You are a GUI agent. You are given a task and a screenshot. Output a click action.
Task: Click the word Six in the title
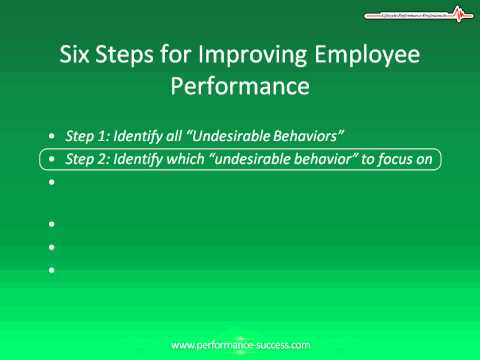click(x=78, y=54)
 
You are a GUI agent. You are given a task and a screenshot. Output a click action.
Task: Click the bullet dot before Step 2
click(x=51, y=159)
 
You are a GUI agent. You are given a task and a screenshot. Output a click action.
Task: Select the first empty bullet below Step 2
click(x=51, y=183)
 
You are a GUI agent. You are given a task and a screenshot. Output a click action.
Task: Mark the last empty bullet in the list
click(x=51, y=269)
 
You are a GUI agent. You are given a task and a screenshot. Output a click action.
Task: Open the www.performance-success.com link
click(x=240, y=344)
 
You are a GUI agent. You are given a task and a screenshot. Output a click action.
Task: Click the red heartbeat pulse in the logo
click(x=458, y=14)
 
